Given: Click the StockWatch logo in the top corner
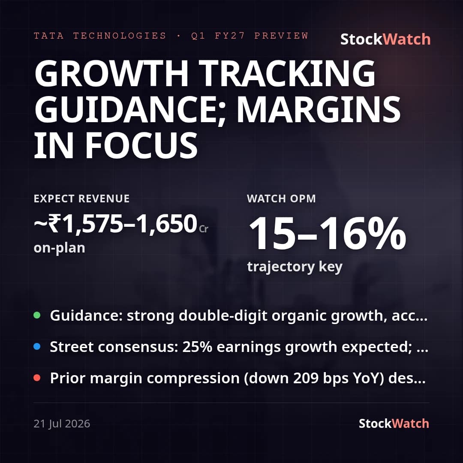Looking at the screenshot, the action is tap(385, 39).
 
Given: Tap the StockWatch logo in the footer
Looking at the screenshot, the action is tap(394, 424).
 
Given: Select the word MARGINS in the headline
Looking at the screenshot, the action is tap(319, 109).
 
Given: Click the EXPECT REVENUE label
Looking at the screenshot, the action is tap(82, 198).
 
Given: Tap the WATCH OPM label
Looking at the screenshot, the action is tap(281, 198).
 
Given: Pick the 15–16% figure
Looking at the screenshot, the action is tap(327, 233).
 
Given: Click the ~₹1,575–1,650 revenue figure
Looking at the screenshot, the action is tap(115, 224).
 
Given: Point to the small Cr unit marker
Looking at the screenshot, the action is tap(204, 229).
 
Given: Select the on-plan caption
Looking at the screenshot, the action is tap(59, 248).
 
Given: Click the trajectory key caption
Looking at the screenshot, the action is tap(295, 267).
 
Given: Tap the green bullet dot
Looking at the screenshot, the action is tap(37, 315).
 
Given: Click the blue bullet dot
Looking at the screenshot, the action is tap(37, 346).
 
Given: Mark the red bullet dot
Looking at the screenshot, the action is tap(37, 378).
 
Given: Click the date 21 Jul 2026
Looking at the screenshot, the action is tap(62, 424).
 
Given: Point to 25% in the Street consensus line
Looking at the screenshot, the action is tap(197, 347).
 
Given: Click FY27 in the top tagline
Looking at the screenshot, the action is tap(230, 36).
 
